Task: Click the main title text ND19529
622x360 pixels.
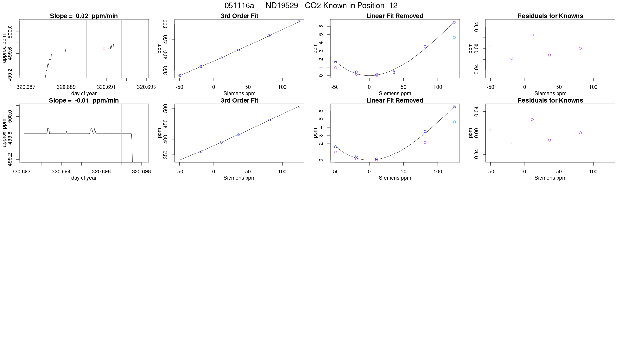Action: [x=282, y=6]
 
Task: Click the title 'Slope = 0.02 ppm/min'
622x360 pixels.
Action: [x=84, y=16]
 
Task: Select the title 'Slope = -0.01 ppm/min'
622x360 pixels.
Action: [x=84, y=100]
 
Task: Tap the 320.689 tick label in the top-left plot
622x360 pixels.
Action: [x=66, y=87]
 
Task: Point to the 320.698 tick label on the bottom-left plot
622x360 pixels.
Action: [x=141, y=171]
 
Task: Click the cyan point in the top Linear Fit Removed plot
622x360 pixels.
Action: [x=454, y=37]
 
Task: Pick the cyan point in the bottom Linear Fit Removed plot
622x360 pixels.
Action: [x=454, y=122]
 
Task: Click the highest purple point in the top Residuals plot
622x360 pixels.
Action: [x=532, y=35]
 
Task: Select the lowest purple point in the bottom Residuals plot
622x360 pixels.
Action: [x=512, y=142]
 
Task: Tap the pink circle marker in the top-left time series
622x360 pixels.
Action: [x=104, y=48]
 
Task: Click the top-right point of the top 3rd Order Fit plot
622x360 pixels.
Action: [x=299, y=22]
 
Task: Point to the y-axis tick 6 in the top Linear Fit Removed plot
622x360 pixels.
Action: [x=321, y=26]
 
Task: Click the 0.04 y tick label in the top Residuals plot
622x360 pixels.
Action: [x=476, y=27]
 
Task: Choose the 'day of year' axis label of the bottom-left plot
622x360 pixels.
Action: [x=84, y=178]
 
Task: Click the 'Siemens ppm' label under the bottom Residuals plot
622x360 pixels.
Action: [x=550, y=178]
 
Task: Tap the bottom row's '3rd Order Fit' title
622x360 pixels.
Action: [x=239, y=100]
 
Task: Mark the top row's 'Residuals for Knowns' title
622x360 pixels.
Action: [x=550, y=16]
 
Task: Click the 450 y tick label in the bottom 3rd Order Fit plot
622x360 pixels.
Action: [x=166, y=124]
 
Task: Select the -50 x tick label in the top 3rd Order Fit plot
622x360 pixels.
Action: [x=179, y=87]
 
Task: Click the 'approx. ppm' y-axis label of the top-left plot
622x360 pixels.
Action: [x=4, y=48]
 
